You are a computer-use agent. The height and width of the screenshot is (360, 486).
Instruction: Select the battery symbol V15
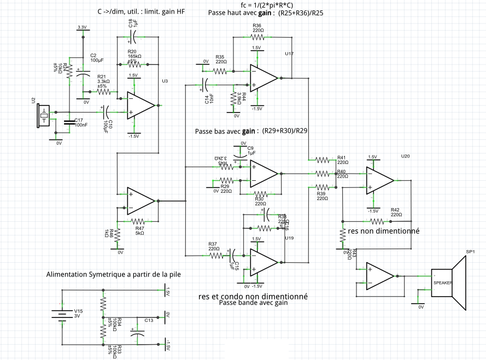[61, 314]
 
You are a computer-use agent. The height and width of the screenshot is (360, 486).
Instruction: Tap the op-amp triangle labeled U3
[140, 104]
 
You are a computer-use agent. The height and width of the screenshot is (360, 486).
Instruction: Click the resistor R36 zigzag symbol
[257, 37]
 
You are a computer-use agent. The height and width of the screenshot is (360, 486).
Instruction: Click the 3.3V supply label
[82, 27]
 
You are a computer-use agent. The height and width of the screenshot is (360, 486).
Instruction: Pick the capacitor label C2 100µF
[97, 58]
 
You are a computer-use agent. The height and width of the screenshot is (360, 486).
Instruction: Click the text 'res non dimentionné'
[384, 231]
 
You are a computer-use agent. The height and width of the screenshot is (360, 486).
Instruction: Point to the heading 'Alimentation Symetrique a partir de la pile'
[113, 274]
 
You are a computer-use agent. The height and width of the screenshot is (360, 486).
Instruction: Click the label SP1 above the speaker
[470, 252]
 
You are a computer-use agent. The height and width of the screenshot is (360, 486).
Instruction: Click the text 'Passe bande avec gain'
[253, 303]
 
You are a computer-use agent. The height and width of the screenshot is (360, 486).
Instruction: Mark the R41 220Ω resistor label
[343, 160]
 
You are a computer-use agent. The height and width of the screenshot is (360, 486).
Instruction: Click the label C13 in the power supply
[149, 321]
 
